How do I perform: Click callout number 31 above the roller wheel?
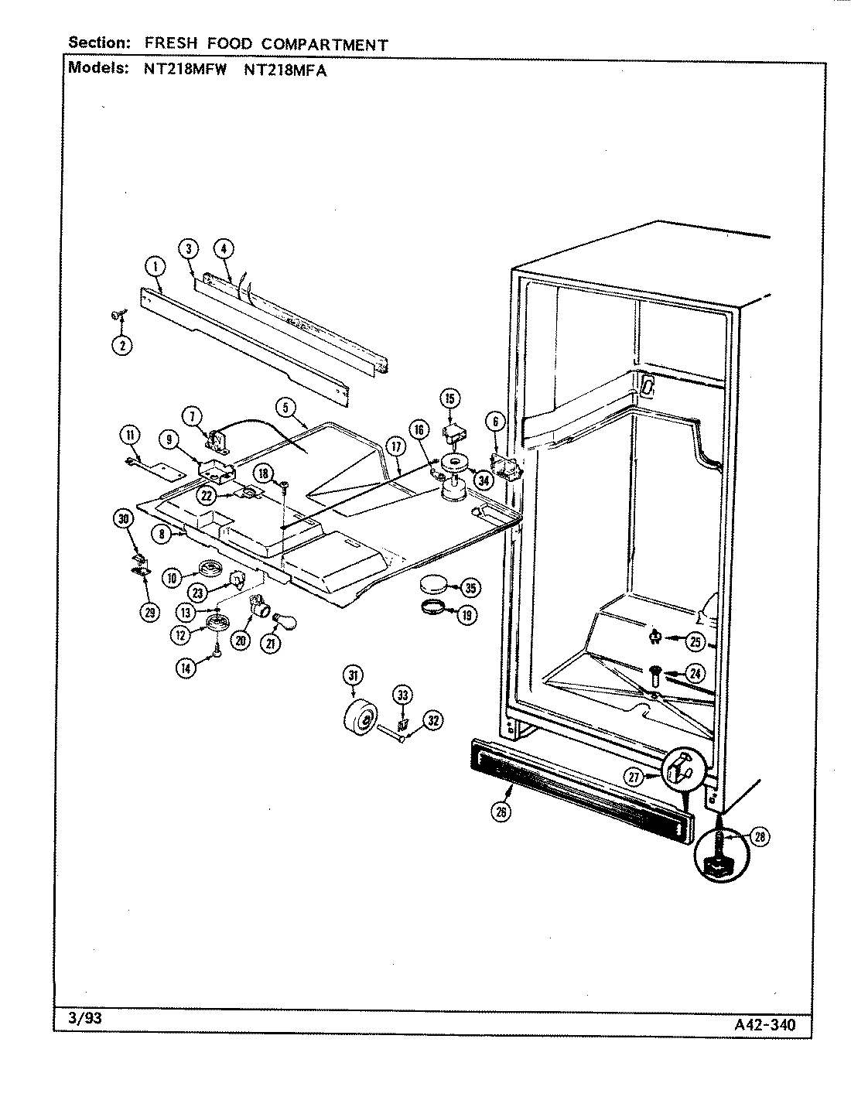tap(353, 675)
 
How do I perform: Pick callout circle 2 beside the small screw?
tap(122, 345)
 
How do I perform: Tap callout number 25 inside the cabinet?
tap(695, 641)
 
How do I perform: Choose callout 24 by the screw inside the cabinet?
tap(695, 671)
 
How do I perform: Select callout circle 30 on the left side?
tap(122, 519)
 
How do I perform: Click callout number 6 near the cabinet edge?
tap(496, 422)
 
